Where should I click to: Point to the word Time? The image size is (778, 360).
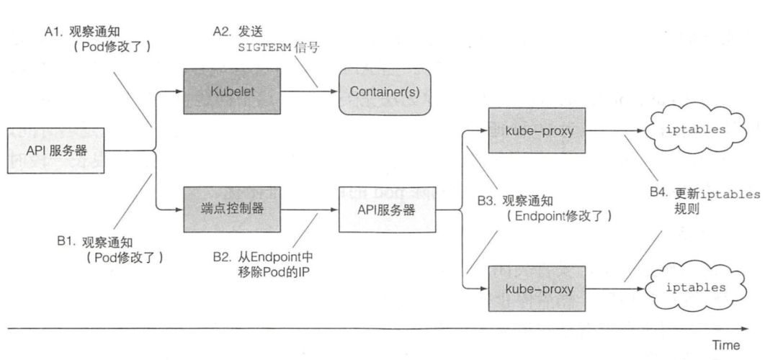(x=725, y=345)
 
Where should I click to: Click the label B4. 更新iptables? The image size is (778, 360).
(x=717, y=194)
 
